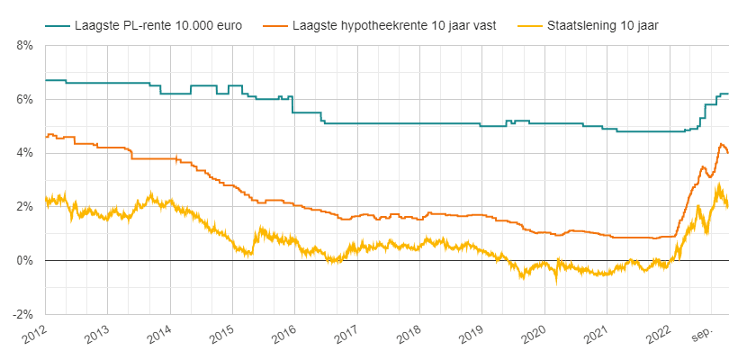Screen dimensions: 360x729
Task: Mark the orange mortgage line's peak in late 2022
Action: (x=721, y=144)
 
